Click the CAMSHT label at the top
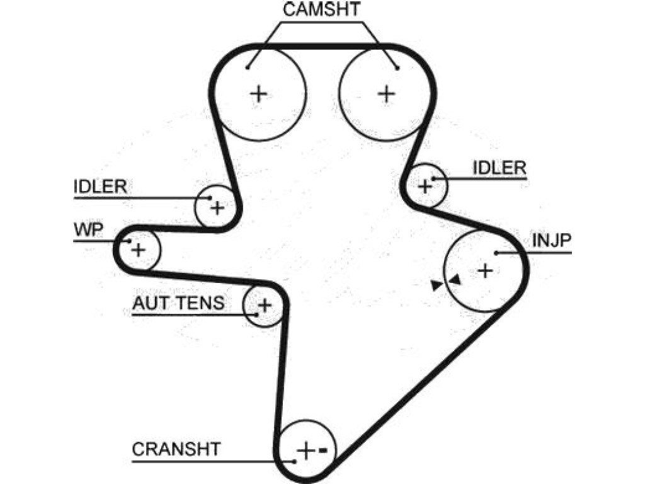pos(322,9)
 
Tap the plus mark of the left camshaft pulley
pos(259,95)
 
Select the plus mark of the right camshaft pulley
pos(386,94)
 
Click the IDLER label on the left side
pos(100,187)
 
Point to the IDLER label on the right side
pos(499,168)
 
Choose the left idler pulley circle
pos(195,206)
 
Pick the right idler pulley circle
pos(447,185)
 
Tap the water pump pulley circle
pos(160,250)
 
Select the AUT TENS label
pos(178,303)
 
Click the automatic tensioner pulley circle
pos(244,306)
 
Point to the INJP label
pos(552,240)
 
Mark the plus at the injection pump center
pos(486,270)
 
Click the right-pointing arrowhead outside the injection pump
pos(437,285)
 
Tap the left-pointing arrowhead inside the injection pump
pos(455,280)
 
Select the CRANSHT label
pos(176,449)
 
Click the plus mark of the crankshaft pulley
pos(305,451)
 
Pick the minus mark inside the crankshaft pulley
pos(323,450)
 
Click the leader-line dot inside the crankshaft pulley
pos(295,462)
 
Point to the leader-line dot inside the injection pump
pos(496,253)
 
